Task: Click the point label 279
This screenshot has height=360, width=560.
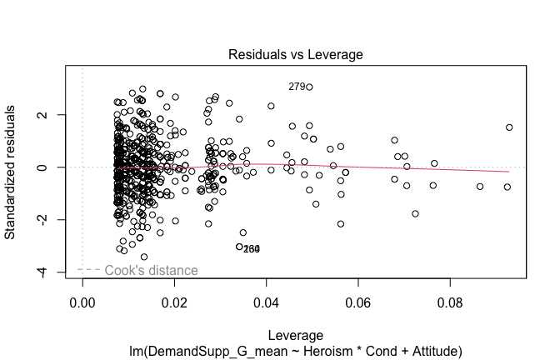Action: [297, 87]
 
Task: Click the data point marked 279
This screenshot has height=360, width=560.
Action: [309, 87]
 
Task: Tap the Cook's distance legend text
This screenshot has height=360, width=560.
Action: [152, 271]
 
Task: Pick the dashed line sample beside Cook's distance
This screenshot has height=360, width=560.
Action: [89, 270]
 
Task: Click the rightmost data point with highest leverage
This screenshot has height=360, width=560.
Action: [509, 127]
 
